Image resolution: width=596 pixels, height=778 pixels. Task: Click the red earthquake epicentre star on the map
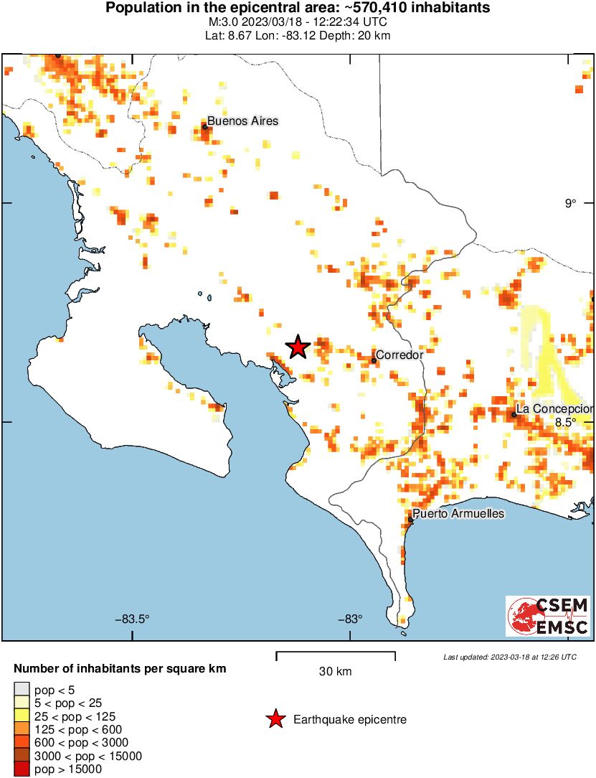[298, 347]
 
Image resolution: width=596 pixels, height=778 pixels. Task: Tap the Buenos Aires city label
[242, 121]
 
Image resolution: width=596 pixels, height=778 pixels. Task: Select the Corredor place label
[399, 355]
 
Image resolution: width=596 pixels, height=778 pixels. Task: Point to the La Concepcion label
[554, 408]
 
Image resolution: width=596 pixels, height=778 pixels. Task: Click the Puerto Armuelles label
[458, 514]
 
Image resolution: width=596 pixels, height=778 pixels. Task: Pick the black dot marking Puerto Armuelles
[410, 519]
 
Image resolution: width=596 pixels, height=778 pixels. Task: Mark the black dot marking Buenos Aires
[205, 127]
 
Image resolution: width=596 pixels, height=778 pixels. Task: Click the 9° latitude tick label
[569, 204]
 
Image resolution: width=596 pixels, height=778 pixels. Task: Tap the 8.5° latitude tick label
[565, 422]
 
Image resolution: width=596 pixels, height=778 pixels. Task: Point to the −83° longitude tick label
[349, 619]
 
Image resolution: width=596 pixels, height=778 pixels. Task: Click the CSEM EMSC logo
[548, 616]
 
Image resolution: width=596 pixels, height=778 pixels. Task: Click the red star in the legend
[275, 719]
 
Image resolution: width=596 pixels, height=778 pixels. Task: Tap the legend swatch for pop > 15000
[22, 769]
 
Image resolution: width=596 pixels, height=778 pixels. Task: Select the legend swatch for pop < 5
[22, 690]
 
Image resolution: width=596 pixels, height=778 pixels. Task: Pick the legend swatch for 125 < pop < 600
[22, 730]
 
